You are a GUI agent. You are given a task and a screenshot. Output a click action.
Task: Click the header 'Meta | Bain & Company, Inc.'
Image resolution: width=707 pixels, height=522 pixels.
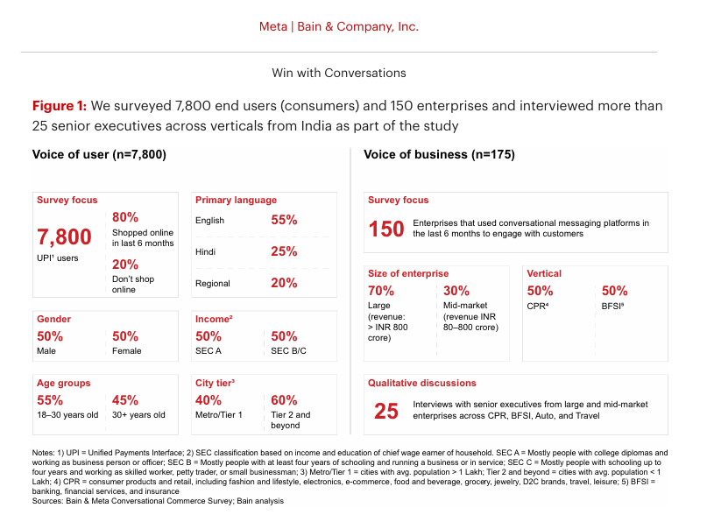338,26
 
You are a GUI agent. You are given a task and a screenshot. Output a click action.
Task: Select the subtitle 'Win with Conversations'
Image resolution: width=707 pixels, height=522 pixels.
339,73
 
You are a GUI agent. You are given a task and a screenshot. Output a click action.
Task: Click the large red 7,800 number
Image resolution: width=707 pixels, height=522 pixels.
64,236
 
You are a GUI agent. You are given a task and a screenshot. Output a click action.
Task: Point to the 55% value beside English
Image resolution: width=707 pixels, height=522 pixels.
284,221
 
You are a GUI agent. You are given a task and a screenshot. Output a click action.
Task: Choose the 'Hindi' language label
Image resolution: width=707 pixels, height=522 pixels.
207,252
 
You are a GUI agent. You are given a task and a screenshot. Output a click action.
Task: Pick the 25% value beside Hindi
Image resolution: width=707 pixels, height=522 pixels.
284,252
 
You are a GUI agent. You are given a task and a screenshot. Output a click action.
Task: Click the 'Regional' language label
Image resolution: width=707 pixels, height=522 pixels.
213,284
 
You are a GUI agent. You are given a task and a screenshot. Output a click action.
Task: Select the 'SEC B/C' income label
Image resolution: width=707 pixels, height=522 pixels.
290,350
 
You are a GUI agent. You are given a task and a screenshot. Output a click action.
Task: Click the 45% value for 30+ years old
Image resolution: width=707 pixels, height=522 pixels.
125,399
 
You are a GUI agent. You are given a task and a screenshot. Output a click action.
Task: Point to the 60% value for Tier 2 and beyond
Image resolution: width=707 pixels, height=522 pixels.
284,399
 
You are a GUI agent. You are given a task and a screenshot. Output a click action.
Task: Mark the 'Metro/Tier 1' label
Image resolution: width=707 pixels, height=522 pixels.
219,415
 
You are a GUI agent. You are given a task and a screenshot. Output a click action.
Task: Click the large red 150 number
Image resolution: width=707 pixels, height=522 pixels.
385,229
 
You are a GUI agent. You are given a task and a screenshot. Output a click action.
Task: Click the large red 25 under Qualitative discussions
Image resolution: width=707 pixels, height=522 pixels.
385,411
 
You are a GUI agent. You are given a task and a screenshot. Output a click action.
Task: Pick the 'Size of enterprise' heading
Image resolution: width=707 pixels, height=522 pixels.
408,274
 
